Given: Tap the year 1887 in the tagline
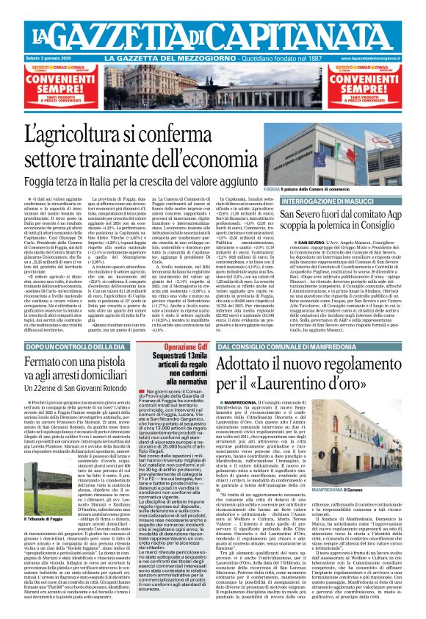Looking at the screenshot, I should (315, 57).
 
